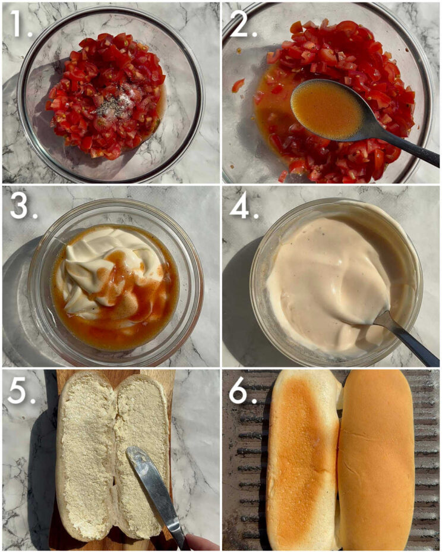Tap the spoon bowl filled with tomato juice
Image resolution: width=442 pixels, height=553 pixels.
pyautogui.click(x=326, y=108)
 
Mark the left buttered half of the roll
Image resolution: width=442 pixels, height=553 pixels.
pyautogui.click(x=86, y=458)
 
